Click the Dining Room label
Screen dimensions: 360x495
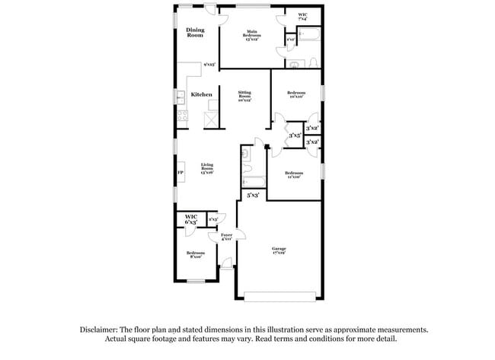click(x=196, y=32)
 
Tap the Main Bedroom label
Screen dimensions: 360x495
click(x=253, y=36)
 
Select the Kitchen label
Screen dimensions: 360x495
click(x=202, y=94)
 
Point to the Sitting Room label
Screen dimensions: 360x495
click(x=244, y=95)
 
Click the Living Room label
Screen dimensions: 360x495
click(x=207, y=168)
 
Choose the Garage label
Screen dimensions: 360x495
click(x=279, y=250)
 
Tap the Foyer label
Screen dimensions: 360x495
click(x=226, y=237)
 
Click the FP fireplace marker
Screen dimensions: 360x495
click(x=180, y=174)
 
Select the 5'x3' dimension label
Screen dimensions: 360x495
click(x=254, y=196)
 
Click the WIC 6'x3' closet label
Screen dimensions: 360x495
click(x=191, y=219)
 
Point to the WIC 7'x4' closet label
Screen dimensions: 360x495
click(x=303, y=18)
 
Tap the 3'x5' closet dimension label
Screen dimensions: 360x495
click(x=295, y=136)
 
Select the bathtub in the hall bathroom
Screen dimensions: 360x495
click(x=253, y=182)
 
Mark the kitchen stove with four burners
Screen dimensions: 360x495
click(x=182, y=116)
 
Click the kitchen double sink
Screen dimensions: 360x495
click(x=181, y=97)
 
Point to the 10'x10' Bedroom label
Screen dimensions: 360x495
click(x=296, y=94)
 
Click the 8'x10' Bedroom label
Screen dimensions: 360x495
click(x=196, y=254)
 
